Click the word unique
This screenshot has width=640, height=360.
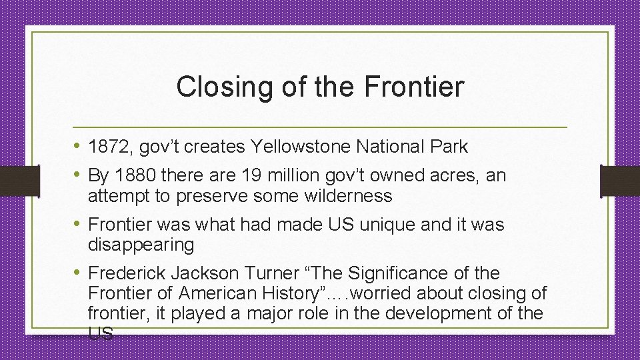(383, 225)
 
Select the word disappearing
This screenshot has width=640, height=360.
(141, 245)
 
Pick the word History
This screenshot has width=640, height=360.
(298, 293)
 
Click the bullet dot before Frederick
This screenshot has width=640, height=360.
(77, 273)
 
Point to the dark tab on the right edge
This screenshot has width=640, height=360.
(619, 179)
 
